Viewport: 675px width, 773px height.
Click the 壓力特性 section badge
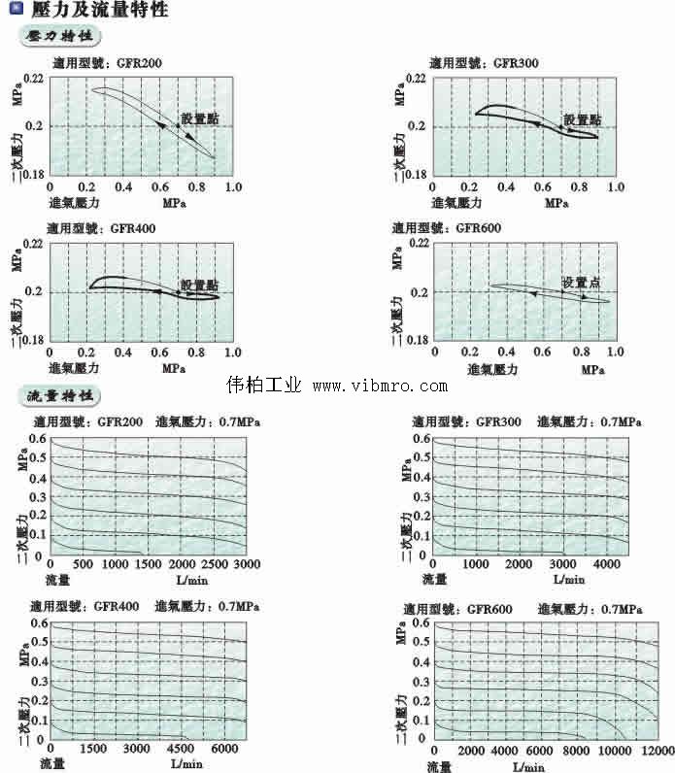[x=60, y=37]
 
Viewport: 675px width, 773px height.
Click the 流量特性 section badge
[x=60, y=396]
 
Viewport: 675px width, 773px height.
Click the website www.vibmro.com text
[x=380, y=386]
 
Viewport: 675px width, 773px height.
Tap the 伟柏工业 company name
[x=264, y=386]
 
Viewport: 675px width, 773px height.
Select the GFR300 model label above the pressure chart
[x=516, y=63]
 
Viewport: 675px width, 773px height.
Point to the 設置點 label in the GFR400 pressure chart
[x=199, y=284]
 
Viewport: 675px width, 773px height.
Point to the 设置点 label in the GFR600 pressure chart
[x=581, y=282]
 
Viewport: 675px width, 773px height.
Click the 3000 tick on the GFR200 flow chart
[x=248, y=565]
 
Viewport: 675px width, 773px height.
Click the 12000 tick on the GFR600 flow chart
[x=658, y=751]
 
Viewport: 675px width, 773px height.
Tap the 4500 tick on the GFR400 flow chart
[x=182, y=749]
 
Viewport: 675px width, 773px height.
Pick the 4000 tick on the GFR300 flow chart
[x=606, y=565]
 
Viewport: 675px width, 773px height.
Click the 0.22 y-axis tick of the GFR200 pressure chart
[x=34, y=78]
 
